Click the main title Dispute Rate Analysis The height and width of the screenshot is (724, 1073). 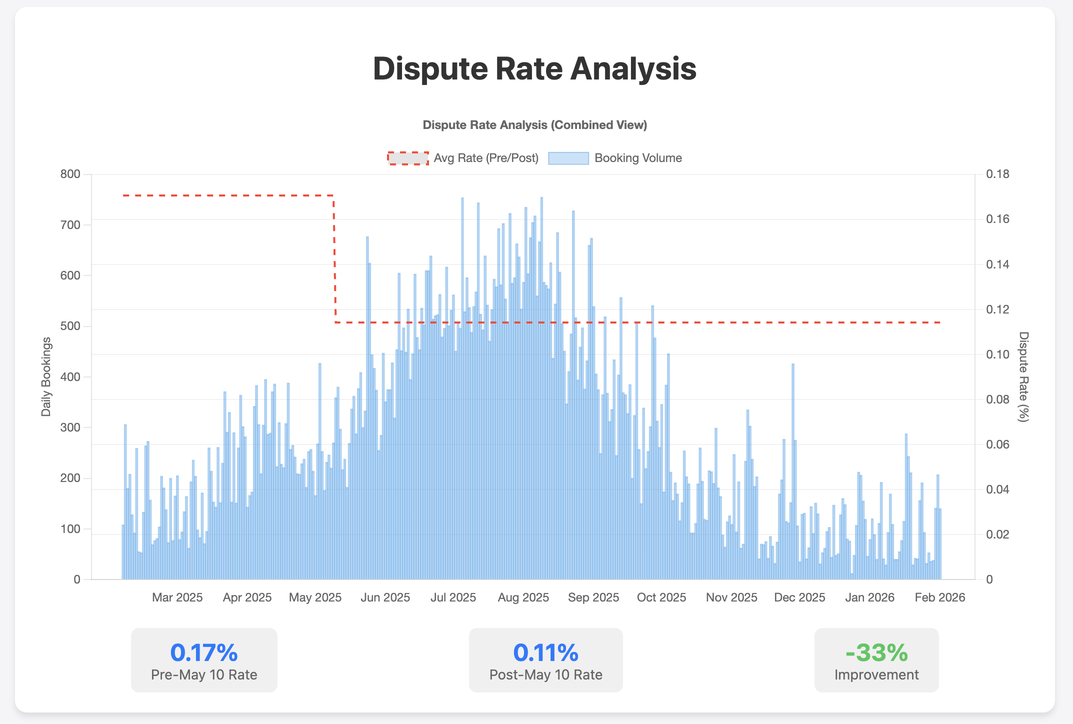[534, 68]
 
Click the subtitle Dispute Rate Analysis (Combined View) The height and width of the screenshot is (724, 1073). [534, 125]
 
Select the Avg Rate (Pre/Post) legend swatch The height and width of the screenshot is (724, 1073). [408, 158]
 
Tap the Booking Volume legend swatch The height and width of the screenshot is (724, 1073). [568, 158]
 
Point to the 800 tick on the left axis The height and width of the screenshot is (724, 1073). [70, 174]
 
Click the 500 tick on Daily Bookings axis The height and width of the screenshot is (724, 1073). [70, 326]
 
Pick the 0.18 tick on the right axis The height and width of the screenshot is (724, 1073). [997, 174]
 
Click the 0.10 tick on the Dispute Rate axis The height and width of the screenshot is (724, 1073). [997, 354]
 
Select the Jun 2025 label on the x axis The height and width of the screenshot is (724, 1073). [385, 597]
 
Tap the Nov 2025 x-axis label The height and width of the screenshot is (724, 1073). [731, 597]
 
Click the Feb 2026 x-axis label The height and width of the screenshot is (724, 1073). [939, 597]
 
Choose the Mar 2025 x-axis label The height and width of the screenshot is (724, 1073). [177, 597]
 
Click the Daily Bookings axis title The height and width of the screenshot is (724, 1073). [46, 376]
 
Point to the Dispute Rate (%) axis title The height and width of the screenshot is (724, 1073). [1023, 376]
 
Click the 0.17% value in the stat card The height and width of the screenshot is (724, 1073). [204, 652]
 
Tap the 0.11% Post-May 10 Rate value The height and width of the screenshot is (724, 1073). [545, 652]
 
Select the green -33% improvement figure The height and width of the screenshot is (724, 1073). [876, 652]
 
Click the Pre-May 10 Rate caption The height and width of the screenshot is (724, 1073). [204, 675]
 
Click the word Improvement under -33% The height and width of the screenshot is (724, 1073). [876, 675]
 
